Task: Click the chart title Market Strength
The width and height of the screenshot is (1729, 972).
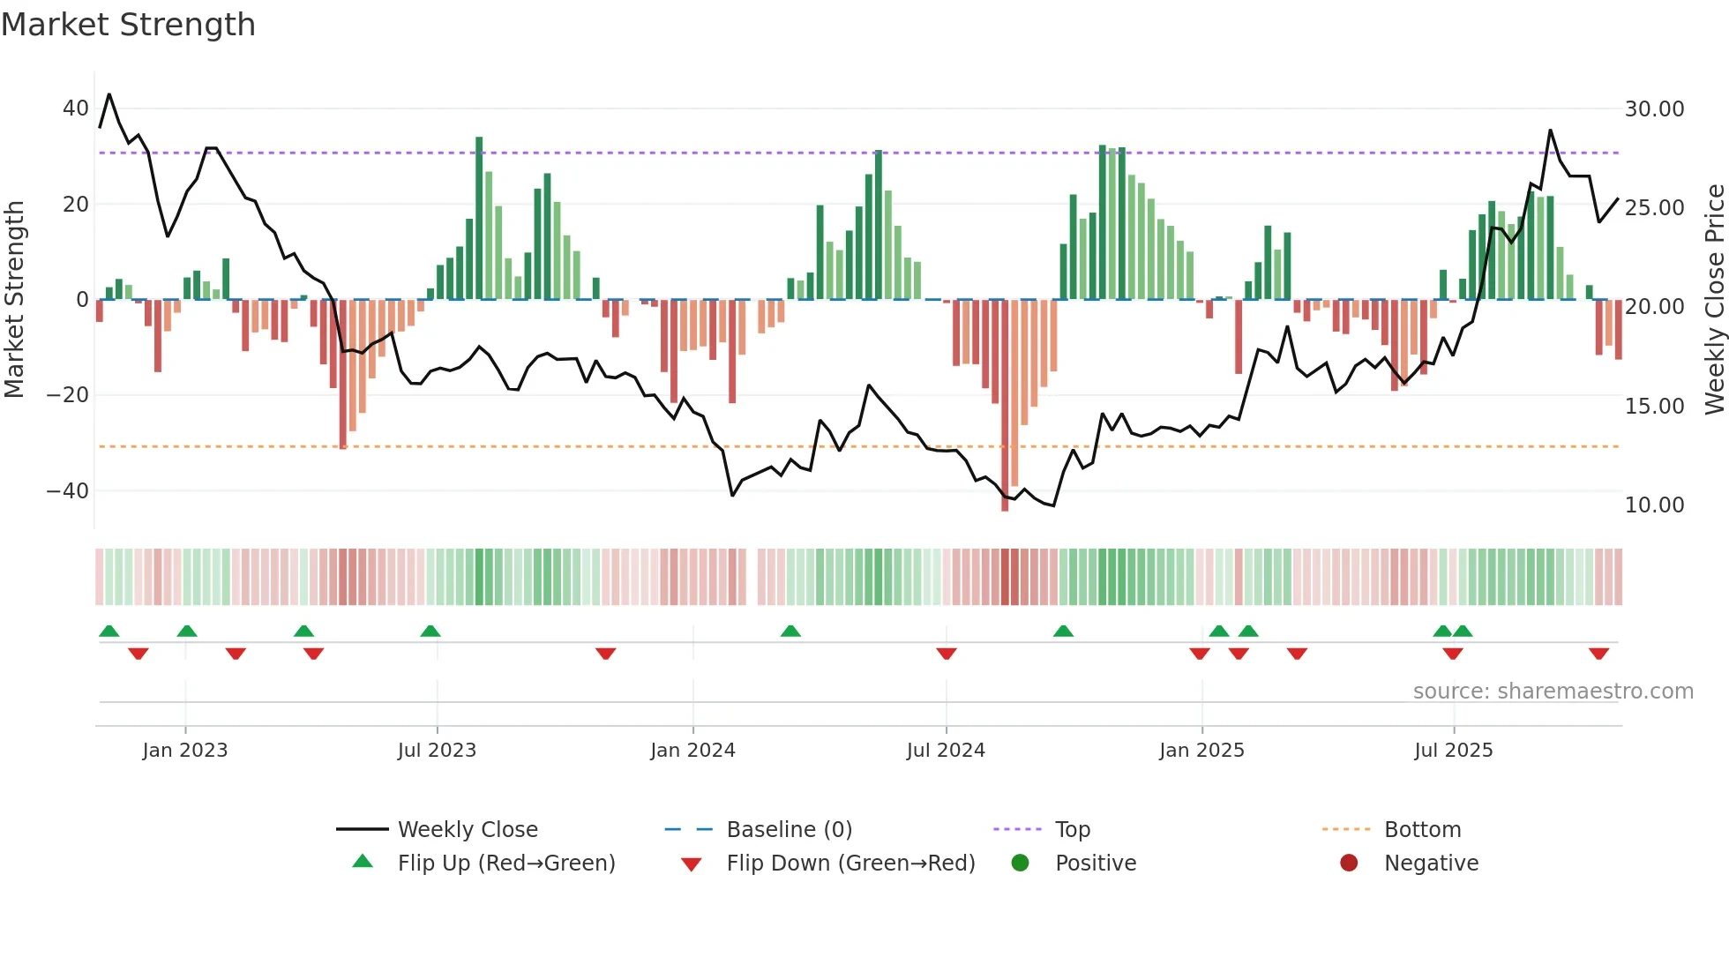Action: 128,25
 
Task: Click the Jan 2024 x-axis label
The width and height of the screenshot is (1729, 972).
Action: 692,751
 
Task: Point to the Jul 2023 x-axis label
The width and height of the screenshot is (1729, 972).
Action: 437,751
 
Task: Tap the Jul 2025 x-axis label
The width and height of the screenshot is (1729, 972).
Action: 1453,751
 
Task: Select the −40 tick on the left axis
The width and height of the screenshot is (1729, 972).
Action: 68,491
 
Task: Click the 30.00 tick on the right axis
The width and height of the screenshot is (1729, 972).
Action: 1654,109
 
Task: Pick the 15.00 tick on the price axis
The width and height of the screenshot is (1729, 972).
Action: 1654,407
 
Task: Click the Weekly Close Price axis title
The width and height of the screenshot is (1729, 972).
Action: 1714,300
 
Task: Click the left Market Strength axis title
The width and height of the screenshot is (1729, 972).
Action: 14,300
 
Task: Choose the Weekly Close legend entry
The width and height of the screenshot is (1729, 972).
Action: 468,830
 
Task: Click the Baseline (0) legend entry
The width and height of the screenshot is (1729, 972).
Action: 789,830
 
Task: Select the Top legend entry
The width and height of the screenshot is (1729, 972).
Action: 1073,830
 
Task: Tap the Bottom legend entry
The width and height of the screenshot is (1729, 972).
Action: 1422,830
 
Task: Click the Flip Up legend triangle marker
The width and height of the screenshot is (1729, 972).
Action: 363,862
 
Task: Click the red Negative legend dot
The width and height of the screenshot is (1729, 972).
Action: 1349,863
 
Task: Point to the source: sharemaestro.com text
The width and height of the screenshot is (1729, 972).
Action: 1553,692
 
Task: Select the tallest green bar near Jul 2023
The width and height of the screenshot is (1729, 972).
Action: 479,221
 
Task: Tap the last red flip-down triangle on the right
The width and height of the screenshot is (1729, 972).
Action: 1598,654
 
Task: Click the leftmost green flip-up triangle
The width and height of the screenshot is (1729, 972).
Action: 109,631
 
